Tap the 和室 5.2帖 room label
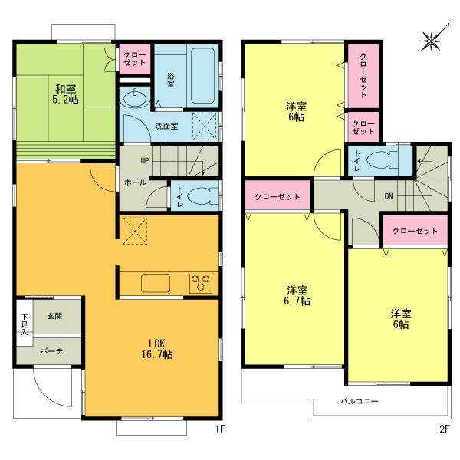[65, 93]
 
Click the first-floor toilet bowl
[199, 195]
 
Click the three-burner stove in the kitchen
[202, 283]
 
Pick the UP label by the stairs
[144, 161]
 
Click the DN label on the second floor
[389, 196]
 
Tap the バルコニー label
[358, 400]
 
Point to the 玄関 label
[54, 316]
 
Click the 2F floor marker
[443, 430]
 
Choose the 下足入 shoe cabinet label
[24, 324]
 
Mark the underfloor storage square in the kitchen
[133, 228]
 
